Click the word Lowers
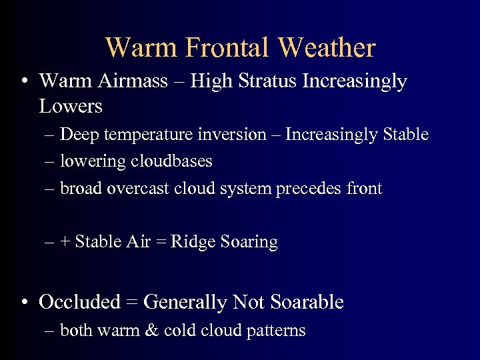click(x=71, y=106)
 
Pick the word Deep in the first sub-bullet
click(x=78, y=135)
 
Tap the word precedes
click(x=309, y=189)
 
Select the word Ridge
click(x=191, y=242)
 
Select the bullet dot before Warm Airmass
click(x=25, y=82)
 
